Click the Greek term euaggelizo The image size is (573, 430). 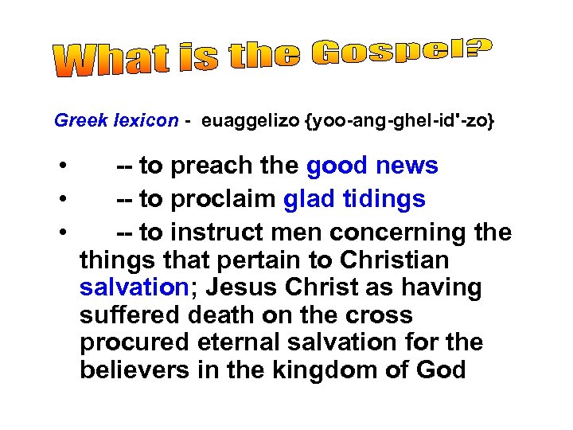252,121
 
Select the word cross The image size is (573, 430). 380,315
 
